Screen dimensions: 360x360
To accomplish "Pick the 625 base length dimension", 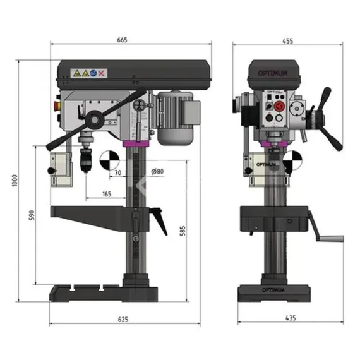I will pyautogui.click(x=123, y=320).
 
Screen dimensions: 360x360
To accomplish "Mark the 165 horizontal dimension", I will pyautogui.click(x=107, y=194).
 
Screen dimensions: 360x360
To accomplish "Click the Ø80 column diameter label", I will pyautogui.click(x=158, y=172).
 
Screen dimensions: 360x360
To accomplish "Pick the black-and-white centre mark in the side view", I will pyautogui.click(x=107, y=157).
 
